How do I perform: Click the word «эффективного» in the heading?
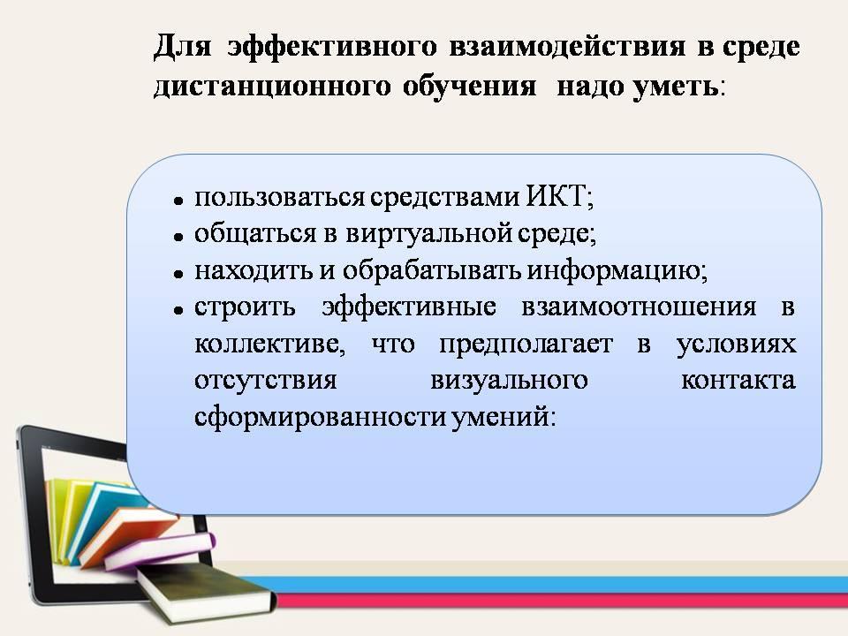332,47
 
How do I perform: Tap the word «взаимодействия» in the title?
567,46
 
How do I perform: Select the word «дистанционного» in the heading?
272,87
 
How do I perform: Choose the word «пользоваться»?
280,197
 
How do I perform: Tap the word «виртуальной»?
429,233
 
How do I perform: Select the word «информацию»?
614,270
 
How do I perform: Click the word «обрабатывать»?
432,270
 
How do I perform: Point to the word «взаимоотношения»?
639,307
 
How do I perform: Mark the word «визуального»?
509,380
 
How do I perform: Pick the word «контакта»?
738,381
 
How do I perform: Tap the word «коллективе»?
267,344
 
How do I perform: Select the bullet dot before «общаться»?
178,237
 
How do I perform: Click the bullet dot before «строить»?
178,310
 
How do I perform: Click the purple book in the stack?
160,551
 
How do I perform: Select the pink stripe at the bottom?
563,601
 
